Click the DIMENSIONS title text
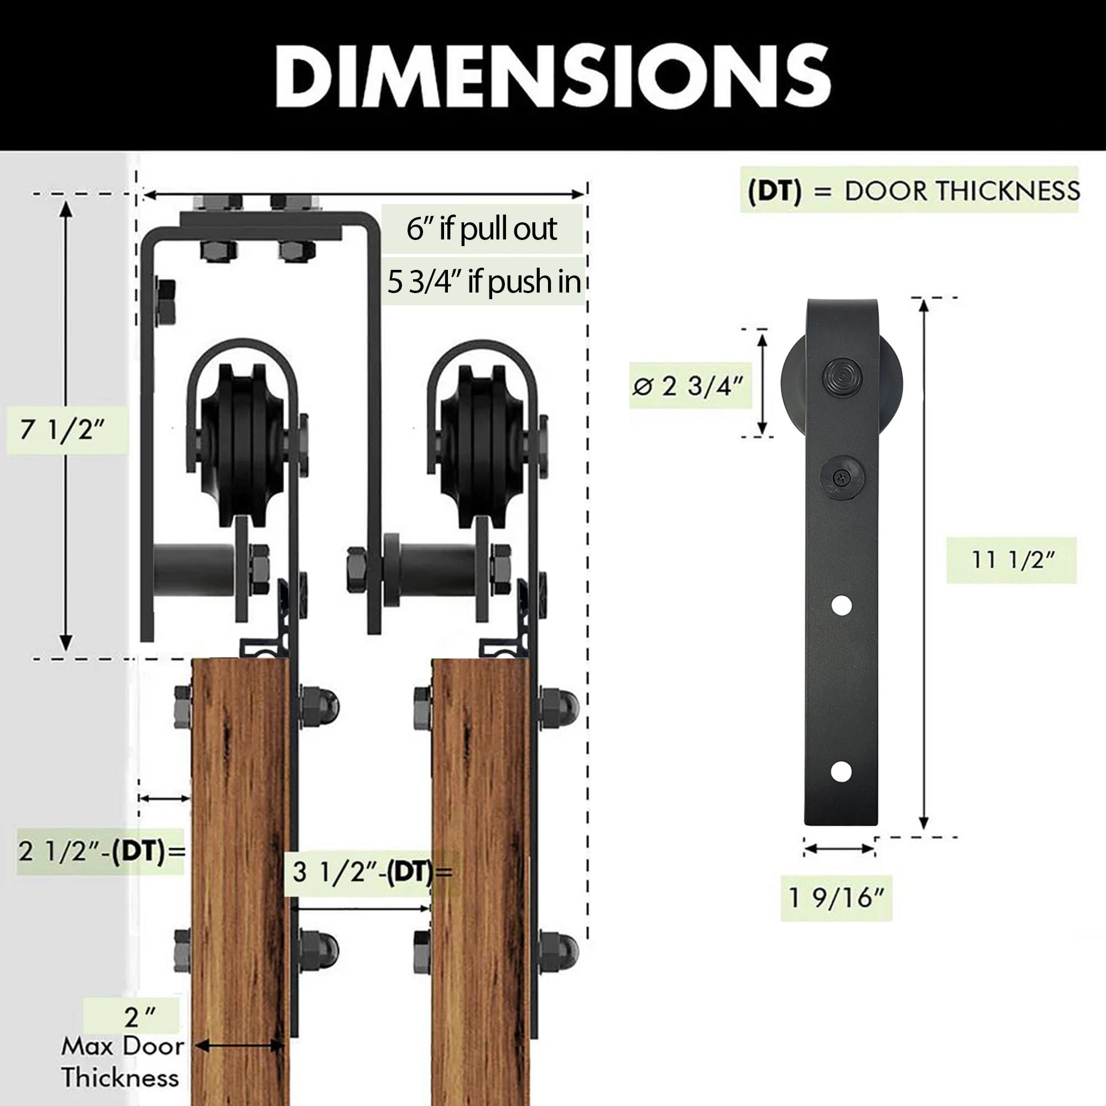click(x=552, y=77)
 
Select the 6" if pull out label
click(x=482, y=229)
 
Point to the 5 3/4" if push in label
click(x=484, y=281)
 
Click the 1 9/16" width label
click(x=836, y=898)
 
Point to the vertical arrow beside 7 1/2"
click(x=67, y=426)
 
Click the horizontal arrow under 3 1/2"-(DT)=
click(x=360, y=909)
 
